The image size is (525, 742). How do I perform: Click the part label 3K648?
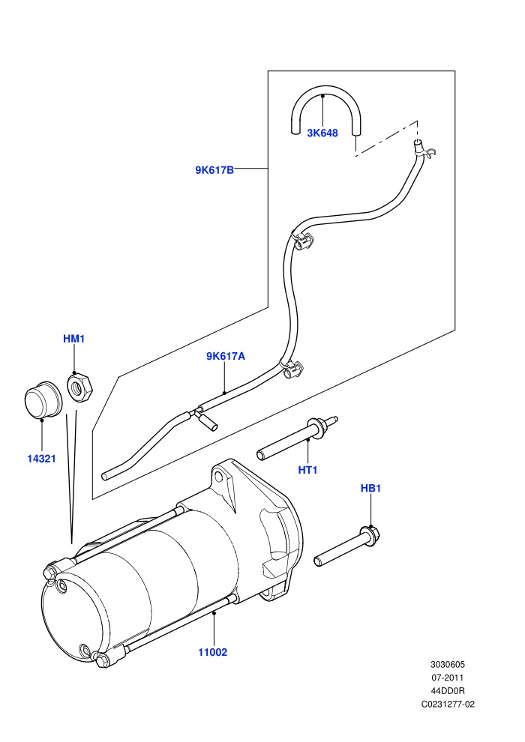coord(322,133)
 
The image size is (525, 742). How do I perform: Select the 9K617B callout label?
coord(214,170)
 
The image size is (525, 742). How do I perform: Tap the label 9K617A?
coord(226,356)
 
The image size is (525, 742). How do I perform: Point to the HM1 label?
coord(73,339)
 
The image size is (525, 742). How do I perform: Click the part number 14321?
coord(41,459)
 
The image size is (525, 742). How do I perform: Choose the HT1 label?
coord(307,470)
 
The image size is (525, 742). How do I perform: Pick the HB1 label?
coord(370,488)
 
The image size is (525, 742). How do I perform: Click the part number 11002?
coord(212,652)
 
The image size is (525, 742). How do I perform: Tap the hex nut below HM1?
coord(79,387)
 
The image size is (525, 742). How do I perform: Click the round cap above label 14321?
coord(43,400)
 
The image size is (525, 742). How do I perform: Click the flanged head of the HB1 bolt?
coord(370,534)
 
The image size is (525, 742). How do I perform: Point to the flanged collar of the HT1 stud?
coord(316,426)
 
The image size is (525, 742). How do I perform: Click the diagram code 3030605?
coord(447,664)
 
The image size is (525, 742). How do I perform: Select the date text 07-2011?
coord(447,678)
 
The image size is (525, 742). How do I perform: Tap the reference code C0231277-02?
coord(448,704)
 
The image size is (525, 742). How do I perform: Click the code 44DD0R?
coord(447,691)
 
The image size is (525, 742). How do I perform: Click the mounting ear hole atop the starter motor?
coord(218,475)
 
